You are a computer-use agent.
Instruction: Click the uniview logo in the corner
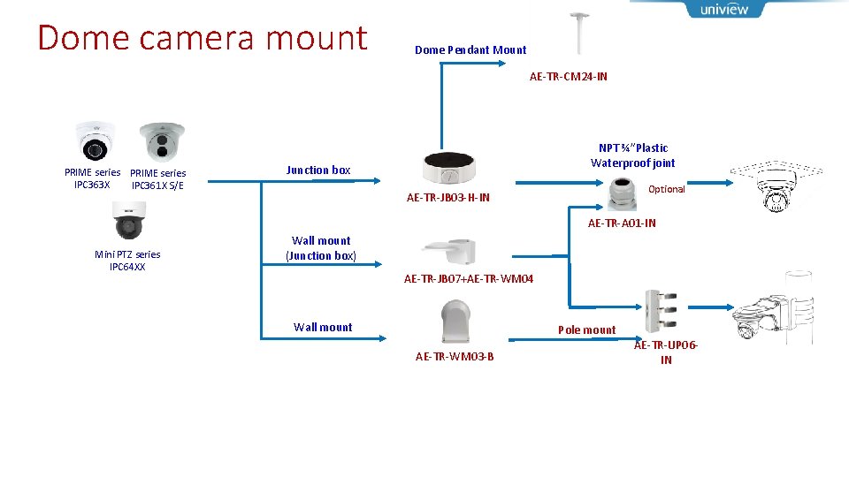tap(723, 10)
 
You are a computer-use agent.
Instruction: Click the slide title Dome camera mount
tap(202, 38)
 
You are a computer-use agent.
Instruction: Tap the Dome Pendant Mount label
tap(470, 50)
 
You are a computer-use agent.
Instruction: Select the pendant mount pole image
tap(580, 34)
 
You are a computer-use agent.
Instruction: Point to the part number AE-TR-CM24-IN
tap(568, 77)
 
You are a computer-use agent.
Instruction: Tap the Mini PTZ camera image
tap(127, 223)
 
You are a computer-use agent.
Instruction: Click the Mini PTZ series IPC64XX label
tap(127, 261)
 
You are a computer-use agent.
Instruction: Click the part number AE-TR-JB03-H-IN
tap(447, 198)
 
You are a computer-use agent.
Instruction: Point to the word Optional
tap(666, 189)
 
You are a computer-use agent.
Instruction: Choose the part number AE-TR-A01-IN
tap(622, 223)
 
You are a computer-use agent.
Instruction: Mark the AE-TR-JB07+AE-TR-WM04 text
tap(469, 279)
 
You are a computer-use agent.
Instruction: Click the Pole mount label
tap(586, 330)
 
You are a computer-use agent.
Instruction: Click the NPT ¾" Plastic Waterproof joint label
tap(632, 155)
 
